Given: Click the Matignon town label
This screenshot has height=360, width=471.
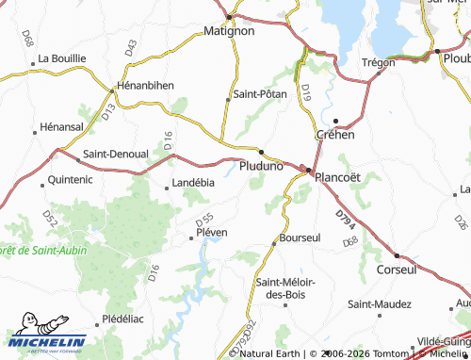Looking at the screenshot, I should coord(230,31).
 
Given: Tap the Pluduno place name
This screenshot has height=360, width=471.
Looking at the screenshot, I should coord(261,166).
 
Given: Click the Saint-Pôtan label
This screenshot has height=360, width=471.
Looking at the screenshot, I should coord(259,95).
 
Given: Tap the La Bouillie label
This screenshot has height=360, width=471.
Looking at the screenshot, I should coord(62,57).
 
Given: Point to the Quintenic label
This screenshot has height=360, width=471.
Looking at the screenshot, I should coord(69,177).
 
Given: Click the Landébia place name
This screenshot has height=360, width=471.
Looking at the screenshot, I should coord(193,183).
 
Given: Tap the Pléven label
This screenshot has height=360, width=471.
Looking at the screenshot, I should coord(211,232).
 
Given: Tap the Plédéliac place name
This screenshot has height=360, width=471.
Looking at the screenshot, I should coord(123,319).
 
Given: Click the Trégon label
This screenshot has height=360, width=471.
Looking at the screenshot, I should coord(377,62).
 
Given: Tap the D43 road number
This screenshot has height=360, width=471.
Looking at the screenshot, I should coord(130,45).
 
